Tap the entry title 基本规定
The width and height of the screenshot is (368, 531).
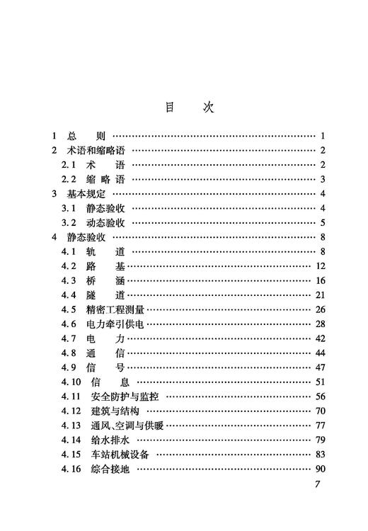click(86, 194)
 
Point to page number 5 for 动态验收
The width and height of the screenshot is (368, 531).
click(322, 223)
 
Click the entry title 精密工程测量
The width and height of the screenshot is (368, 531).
click(116, 309)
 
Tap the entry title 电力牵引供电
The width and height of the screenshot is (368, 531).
click(116, 324)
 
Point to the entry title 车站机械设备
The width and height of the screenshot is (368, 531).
click(121, 455)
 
